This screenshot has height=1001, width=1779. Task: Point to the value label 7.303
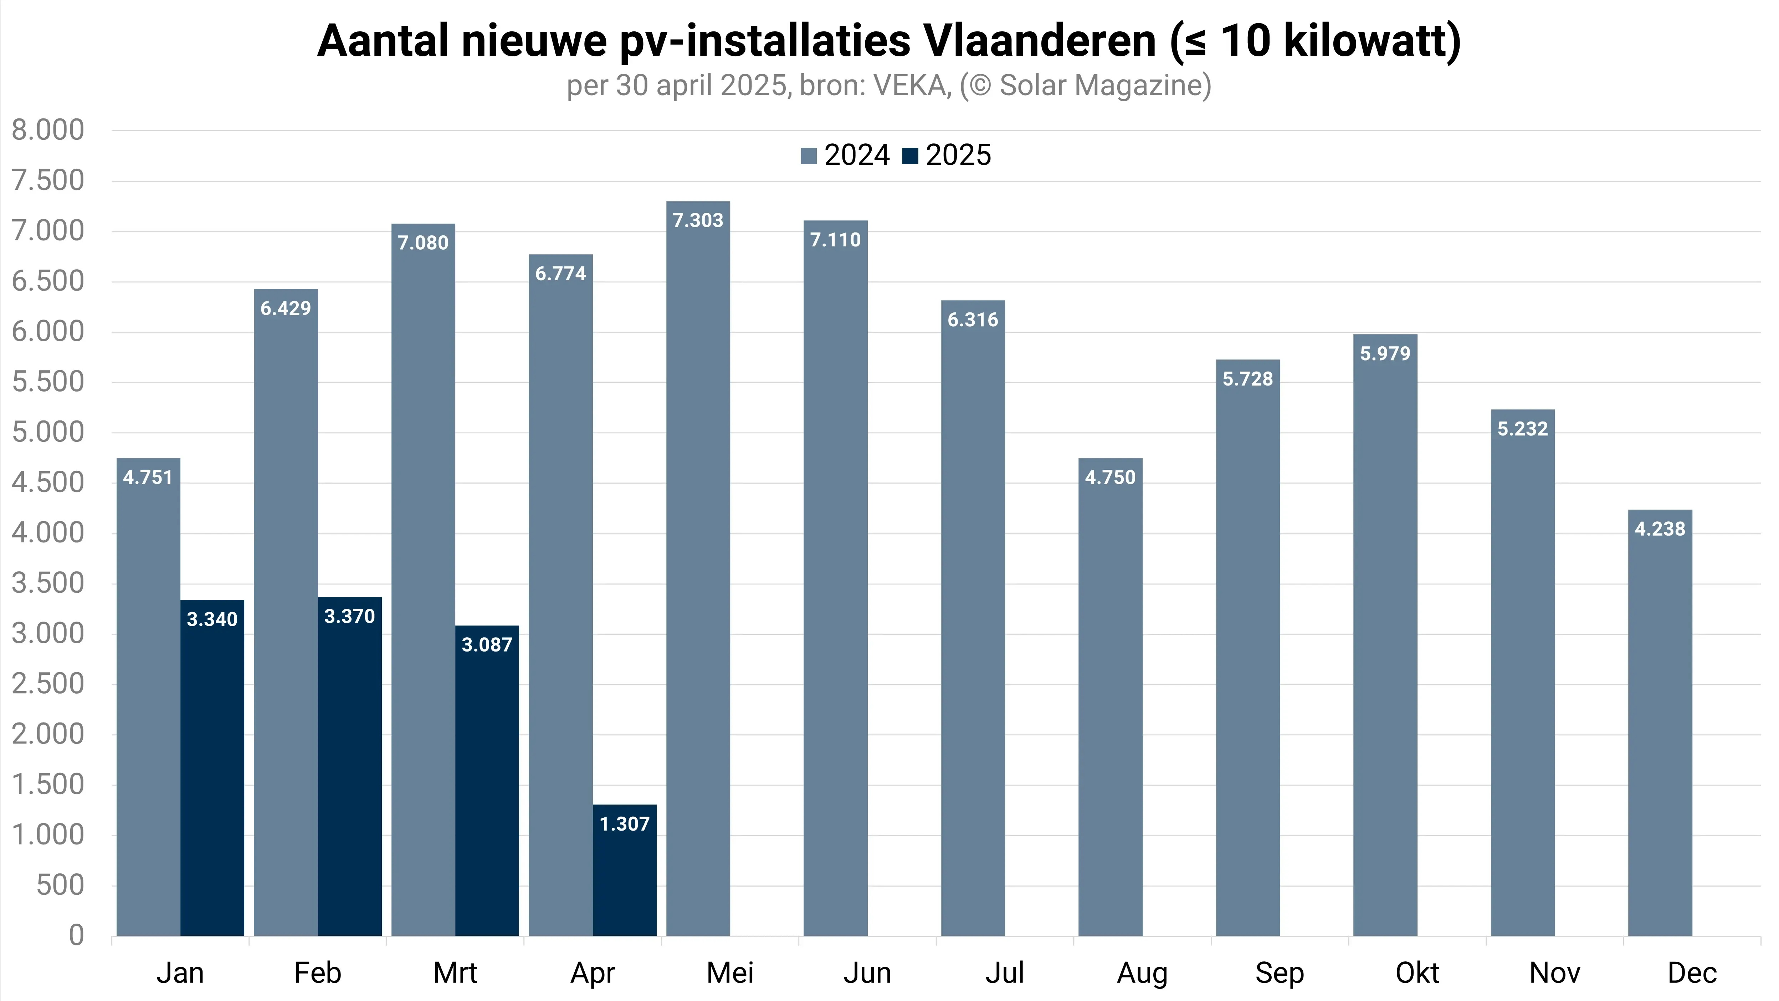click(x=697, y=220)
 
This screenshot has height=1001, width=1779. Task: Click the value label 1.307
click(x=624, y=824)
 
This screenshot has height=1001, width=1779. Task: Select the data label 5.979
click(x=1385, y=354)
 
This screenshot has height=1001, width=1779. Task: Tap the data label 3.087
click(x=487, y=645)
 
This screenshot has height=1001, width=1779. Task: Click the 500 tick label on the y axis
click(x=60, y=885)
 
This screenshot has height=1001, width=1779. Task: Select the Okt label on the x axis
click(x=1417, y=973)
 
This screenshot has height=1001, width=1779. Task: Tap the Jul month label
click(x=1004, y=973)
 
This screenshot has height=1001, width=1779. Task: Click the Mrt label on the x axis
click(x=455, y=973)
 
